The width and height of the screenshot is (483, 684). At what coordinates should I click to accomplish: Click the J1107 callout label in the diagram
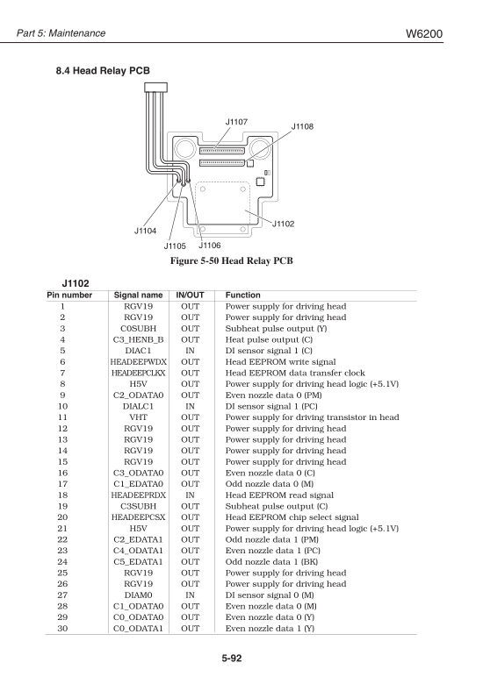(235, 120)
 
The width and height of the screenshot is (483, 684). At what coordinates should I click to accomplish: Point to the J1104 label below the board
(145, 231)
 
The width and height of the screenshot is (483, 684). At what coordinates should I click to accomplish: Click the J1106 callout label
(209, 246)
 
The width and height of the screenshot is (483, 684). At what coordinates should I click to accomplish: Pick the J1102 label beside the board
(283, 224)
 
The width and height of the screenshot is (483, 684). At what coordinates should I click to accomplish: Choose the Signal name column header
(140, 296)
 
